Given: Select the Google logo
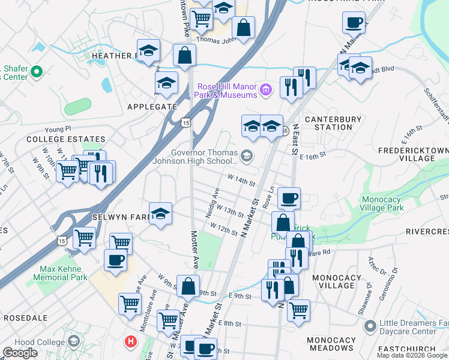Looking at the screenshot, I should click(x=20, y=353).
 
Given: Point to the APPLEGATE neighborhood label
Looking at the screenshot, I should click(x=152, y=107).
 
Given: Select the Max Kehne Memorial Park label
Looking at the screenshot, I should click(x=64, y=273).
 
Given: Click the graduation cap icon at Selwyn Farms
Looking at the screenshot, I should click(x=160, y=213).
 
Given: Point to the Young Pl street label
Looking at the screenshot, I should click(x=58, y=128).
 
